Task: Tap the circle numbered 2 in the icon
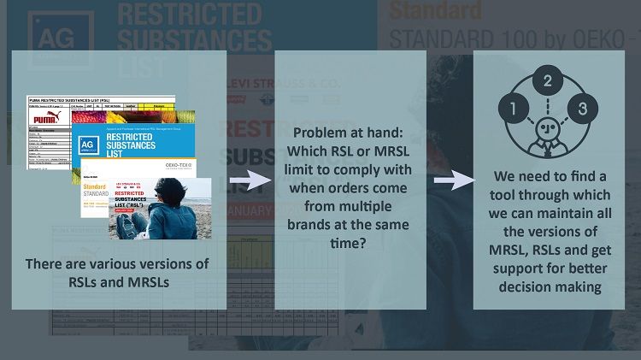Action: (549, 83)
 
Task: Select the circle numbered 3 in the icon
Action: (583, 109)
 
